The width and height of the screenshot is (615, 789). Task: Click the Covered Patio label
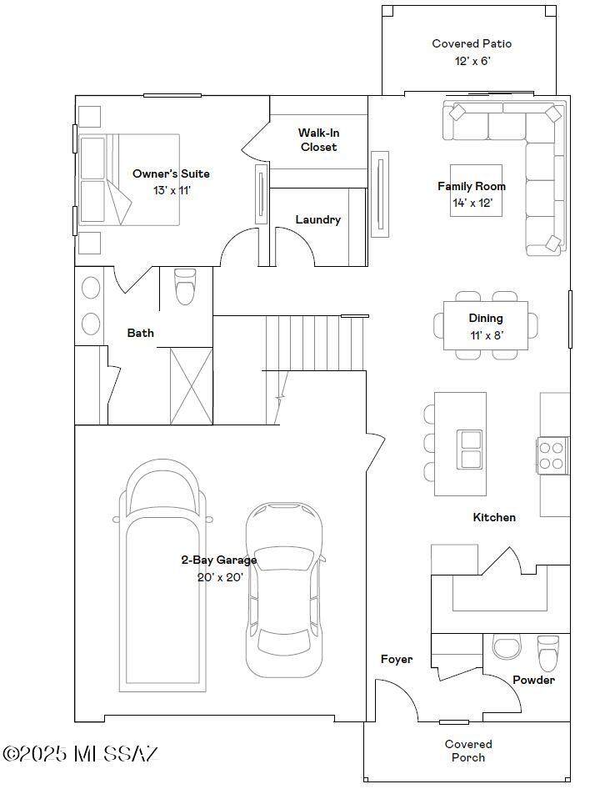click(x=472, y=43)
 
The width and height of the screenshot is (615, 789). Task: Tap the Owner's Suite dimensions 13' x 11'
click(x=172, y=191)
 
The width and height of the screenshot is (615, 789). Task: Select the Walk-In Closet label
click(x=319, y=140)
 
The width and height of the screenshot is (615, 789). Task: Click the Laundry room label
click(x=317, y=219)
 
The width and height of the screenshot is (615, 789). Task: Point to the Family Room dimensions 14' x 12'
click(x=472, y=203)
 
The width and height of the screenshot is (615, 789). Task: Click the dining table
click(x=486, y=325)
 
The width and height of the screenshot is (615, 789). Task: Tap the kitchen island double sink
click(x=470, y=449)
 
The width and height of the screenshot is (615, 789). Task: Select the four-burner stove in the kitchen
click(x=552, y=456)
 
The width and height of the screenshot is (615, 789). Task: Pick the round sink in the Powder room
click(x=507, y=647)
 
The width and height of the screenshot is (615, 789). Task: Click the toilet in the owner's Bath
click(x=184, y=286)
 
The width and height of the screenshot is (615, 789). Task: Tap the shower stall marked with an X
click(x=191, y=386)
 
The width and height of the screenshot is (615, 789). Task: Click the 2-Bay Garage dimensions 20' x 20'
click(x=220, y=577)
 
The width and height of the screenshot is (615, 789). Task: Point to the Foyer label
click(x=397, y=659)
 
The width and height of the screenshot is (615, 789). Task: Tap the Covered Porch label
click(x=468, y=751)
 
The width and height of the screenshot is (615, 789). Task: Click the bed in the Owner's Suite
click(x=129, y=179)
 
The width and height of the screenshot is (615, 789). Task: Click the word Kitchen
click(x=494, y=517)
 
